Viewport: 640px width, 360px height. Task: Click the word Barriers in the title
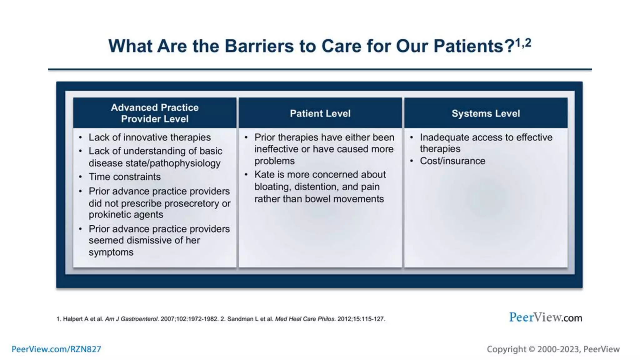[x=259, y=46]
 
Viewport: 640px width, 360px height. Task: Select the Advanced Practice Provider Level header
[x=155, y=113]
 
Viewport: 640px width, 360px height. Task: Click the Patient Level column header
[x=320, y=113]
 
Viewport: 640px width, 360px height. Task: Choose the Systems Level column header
[x=486, y=113]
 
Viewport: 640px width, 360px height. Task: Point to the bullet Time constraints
[x=124, y=177]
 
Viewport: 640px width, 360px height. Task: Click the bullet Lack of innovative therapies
[x=149, y=137]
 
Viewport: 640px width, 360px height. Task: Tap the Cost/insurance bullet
[x=452, y=161]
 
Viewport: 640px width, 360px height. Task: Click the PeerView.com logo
[x=545, y=317]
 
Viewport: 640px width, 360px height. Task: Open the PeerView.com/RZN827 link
[x=56, y=349]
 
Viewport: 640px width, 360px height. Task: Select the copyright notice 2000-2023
[x=553, y=349]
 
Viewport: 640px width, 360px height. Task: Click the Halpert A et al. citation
[x=83, y=319]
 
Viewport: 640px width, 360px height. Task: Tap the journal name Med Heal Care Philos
[x=305, y=319]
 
